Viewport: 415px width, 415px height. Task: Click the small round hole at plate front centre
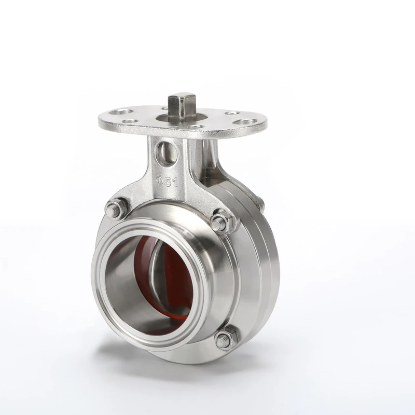coord(195,128)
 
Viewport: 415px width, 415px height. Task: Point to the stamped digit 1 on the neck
coord(175,182)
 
